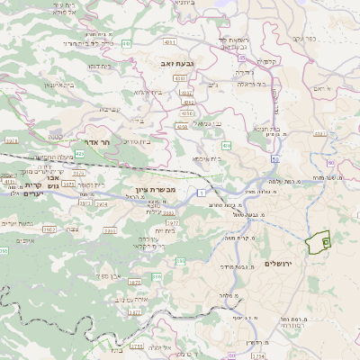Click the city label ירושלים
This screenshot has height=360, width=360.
pyautogui.click(x=280, y=263)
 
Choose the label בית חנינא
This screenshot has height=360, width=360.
pyautogui.click(x=265, y=128)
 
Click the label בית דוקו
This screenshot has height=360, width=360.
pyautogui.click(x=100, y=66)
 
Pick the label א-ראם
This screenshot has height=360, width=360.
pyautogui.click(x=331, y=89)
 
